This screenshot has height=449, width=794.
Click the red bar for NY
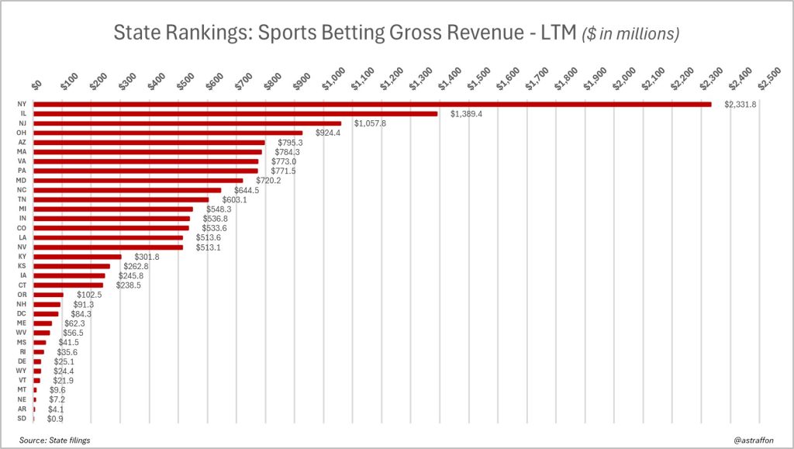click(x=372, y=104)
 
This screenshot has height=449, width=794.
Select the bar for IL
click(x=235, y=114)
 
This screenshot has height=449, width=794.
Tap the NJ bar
click(x=187, y=123)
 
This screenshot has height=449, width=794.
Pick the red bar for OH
click(x=167, y=133)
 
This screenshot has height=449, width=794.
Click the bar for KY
click(x=78, y=257)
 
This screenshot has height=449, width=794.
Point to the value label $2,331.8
click(x=741, y=104)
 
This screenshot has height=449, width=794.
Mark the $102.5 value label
click(x=89, y=295)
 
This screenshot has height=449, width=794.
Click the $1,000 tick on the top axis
click(x=337, y=79)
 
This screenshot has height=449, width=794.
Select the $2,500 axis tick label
click(x=768, y=79)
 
